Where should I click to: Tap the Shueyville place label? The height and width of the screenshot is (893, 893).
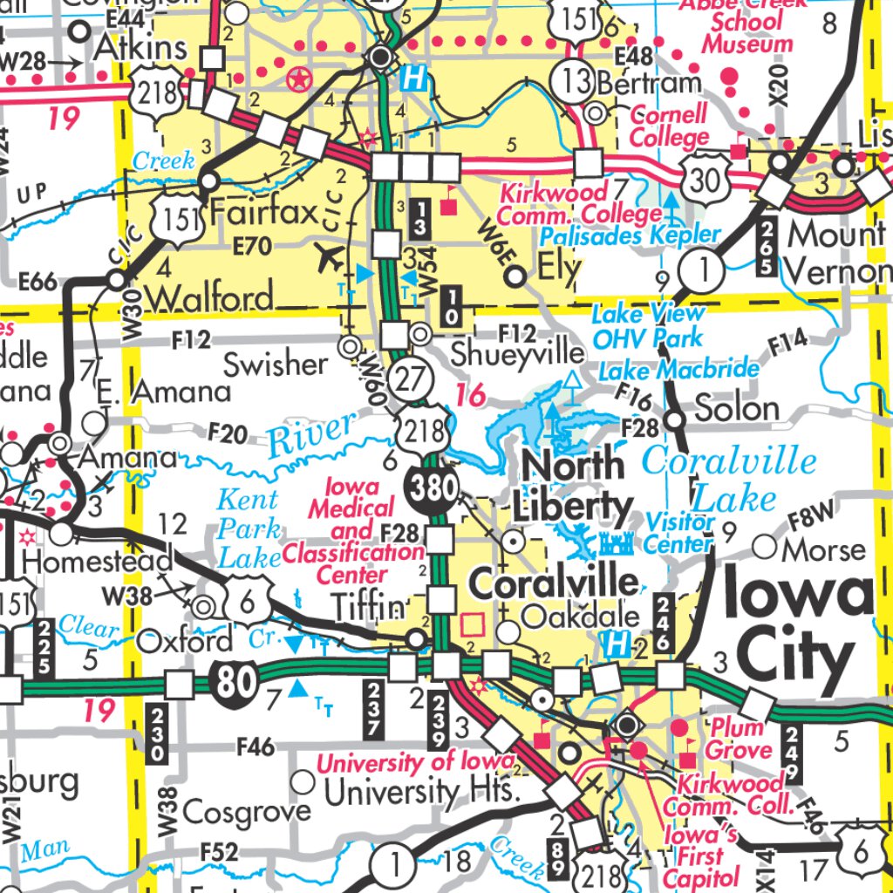pos(518,353)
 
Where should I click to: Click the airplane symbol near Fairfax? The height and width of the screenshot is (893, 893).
pos(331,257)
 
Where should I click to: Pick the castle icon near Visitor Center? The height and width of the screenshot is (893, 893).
pos(616,545)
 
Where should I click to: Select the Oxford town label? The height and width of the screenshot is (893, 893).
pos(185,641)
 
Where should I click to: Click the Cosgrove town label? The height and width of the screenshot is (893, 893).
pos(247,811)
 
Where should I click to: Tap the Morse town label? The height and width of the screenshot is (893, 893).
pos(823,549)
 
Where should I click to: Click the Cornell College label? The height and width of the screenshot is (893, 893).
pos(669,126)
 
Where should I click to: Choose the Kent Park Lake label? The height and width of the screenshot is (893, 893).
pos(249,528)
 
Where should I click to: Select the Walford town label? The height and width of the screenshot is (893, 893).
pos(209,298)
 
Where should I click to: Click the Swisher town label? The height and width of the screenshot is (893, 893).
pos(275,365)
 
